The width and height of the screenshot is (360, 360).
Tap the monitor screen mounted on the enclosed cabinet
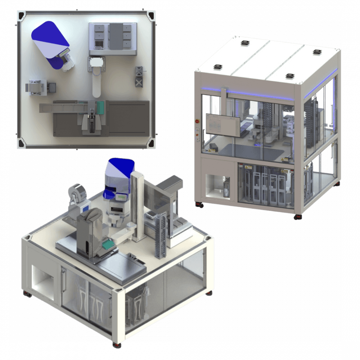pos(222,125)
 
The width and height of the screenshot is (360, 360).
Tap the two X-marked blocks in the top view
pos(139,76)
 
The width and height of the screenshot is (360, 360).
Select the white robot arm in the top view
pos(96,79)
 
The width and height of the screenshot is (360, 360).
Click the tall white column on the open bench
pos(137,205)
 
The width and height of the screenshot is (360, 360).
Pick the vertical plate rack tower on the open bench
pos(161,234)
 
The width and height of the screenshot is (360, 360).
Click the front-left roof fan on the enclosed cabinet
pos(218,67)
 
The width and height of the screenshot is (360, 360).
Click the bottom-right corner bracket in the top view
pos(151,142)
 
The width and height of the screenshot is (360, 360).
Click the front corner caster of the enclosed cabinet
pos(297,217)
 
